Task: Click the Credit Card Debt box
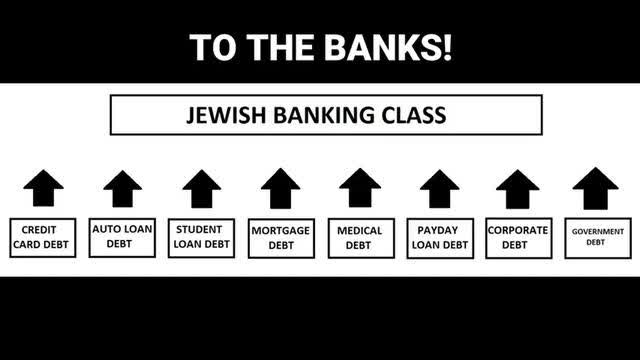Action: [43, 238]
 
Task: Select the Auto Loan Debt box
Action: [122, 237]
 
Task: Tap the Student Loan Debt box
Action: [201, 238]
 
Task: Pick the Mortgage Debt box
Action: [280, 238]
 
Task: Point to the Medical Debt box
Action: [360, 238]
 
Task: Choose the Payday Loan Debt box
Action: [439, 238]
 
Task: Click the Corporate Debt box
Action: [518, 237]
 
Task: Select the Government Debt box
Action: [597, 238]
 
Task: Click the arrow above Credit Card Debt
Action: [43, 188]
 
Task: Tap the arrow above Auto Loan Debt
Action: [122, 188]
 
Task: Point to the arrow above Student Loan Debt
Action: [201, 188]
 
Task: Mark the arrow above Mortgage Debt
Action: [280, 188]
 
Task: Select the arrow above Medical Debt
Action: [360, 188]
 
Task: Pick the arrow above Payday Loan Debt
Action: [439, 188]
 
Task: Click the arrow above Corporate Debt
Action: [518, 188]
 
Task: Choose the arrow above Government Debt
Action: [597, 188]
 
